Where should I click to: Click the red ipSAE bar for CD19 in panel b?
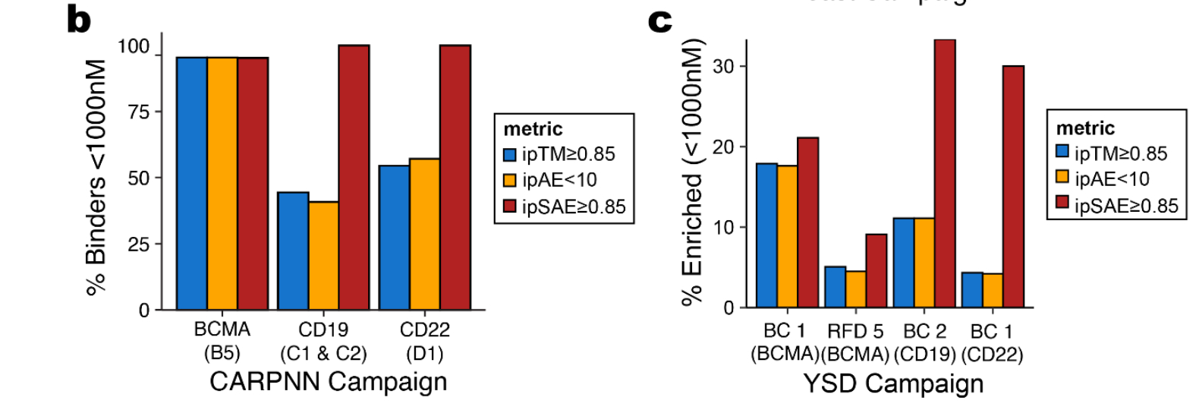pyautogui.click(x=354, y=178)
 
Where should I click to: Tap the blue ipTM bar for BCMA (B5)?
pyautogui.click(x=192, y=183)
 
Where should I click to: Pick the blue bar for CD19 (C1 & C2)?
pyautogui.click(x=293, y=251)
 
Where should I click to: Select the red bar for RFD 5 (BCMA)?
pyautogui.click(x=876, y=271)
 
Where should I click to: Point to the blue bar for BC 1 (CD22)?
pyautogui.click(x=972, y=290)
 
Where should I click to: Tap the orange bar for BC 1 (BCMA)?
pyautogui.click(x=787, y=236)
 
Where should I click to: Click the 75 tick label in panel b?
pyautogui.click(x=139, y=112)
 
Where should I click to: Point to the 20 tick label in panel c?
pyautogui.click(x=724, y=147)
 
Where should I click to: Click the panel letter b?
pyautogui.click(x=78, y=20)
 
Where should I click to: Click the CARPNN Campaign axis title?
pyautogui.click(x=328, y=381)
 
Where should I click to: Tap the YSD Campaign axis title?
pyautogui.click(x=893, y=383)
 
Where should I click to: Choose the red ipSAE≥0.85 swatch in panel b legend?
pyautogui.click(x=510, y=207)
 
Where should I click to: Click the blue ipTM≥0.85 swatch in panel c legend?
pyautogui.click(x=1062, y=151)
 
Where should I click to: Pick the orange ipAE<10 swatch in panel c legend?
pyautogui.click(x=1062, y=177)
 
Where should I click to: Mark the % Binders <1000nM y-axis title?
pyautogui.click(x=96, y=177)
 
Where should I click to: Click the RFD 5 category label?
pyautogui.click(x=854, y=332)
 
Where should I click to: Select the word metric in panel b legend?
pyautogui.click(x=533, y=128)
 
